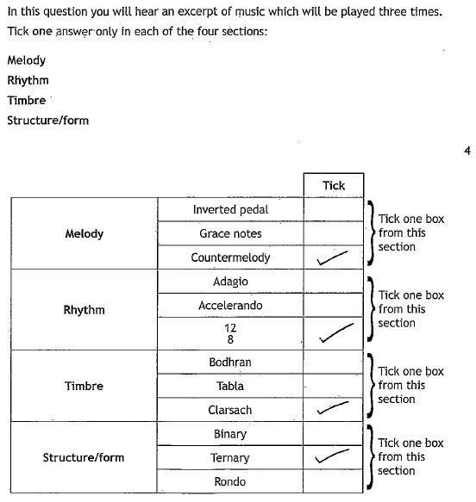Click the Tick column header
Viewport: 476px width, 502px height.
click(x=334, y=186)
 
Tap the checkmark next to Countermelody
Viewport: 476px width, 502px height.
click(x=332, y=258)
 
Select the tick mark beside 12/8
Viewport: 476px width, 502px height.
click(x=336, y=332)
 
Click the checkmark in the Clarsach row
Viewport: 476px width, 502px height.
click(x=333, y=407)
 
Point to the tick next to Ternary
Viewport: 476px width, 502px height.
click(x=332, y=456)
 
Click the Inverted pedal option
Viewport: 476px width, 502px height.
click(x=230, y=210)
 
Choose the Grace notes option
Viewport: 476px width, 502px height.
click(x=230, y=233)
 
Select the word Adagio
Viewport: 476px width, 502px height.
click(x=230, y=282)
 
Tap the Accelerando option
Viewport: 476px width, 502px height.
click(x=230, y=306)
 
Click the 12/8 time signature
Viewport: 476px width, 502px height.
click(x=230, y=333)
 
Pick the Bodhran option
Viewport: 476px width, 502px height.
click(x=230, y=363)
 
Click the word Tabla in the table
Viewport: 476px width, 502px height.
click(x=230, y=386)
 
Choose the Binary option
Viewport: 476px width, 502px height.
click(x=230, y=435)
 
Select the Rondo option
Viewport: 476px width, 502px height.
click(x=230, y=481)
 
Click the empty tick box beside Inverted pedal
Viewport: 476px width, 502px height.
click(x=334, y=209)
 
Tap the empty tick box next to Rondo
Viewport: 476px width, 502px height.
click(x=334, y=481)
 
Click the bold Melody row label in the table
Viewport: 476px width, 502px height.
click(x=85, y=233)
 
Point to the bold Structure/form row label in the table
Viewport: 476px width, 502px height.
click(x=84, y=457)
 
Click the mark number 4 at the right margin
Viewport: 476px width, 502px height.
click(x=467, y=151)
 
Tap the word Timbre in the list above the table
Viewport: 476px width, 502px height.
click(x=27, y=100)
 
